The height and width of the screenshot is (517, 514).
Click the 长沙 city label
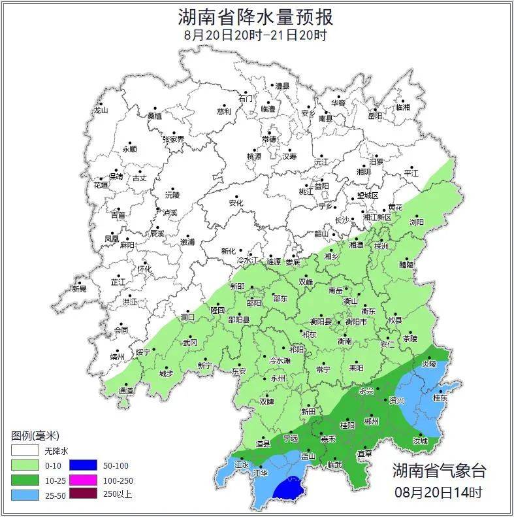click(342, 220)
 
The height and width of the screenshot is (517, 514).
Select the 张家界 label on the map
click(174, 139)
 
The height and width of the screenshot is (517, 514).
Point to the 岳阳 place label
click(375, 116)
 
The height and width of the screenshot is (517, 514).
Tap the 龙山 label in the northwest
click(101, 110)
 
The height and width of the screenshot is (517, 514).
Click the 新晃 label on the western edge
click(79, 289)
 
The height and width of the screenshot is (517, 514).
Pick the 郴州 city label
click(371, 422)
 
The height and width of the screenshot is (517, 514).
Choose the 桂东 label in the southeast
click(441, 397)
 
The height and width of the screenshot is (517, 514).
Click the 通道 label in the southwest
click(126, 391)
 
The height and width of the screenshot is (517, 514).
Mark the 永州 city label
click(278, 378)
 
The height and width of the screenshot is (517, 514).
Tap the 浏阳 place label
click(416, 222)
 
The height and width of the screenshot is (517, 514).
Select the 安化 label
click(236, 203)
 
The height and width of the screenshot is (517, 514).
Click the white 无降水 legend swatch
click(24, 451)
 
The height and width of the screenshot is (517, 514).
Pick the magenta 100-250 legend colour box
click(83, 480)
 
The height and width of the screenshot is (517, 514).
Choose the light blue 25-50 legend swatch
click(24, 494)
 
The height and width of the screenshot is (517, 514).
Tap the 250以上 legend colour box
click(83, 494)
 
